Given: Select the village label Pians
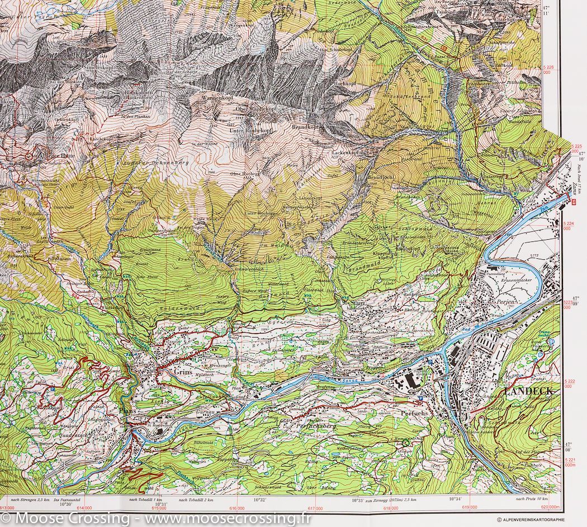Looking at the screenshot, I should pos(127,411).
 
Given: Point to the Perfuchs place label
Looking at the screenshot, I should pos(414,414).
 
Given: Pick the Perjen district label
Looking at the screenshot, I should pos(505,301).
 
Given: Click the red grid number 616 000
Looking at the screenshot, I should pos(236,507).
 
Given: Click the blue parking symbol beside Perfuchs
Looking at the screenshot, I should pos(420,399).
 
